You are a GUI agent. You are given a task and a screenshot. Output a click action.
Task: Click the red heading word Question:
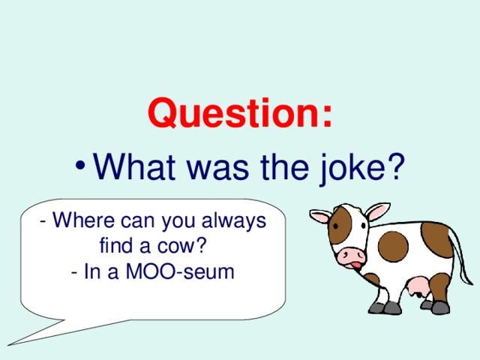point(240,115)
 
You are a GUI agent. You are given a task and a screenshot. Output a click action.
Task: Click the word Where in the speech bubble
point(81,222)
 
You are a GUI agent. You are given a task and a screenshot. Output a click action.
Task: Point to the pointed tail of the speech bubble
point(34,337)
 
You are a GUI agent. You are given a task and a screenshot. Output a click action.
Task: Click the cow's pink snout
point(350,256)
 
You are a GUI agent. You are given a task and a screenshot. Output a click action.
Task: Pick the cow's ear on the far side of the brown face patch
point(322,217)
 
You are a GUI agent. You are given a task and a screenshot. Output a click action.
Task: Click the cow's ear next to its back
point(377,211)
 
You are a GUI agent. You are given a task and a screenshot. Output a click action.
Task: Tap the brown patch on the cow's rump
point(436,238)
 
